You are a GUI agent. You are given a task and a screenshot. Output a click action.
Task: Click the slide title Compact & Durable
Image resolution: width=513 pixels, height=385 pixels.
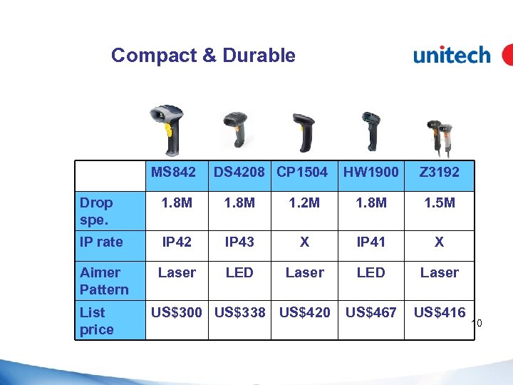[203, 55]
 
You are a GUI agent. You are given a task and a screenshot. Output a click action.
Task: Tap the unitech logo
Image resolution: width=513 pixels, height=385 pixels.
[452, 55]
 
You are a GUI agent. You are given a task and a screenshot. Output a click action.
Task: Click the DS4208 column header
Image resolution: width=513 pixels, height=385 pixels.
[239, 172]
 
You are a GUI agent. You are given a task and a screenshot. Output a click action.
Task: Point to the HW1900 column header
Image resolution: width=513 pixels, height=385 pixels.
[370, 172]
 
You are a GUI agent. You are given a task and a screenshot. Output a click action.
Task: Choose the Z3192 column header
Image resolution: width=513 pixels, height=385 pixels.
[439, 172]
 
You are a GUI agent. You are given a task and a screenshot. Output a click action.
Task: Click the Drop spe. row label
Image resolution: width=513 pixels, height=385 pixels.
[97, 211]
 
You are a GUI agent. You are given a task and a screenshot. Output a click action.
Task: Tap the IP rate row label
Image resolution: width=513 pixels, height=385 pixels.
[102, 242]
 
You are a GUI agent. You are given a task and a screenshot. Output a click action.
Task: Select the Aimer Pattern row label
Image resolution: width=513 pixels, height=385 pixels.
[104, 281]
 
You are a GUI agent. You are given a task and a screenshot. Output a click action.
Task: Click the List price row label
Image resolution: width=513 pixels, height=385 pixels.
[97, 321]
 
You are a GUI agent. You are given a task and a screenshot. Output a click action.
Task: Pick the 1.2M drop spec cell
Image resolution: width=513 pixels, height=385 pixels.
[304, 203]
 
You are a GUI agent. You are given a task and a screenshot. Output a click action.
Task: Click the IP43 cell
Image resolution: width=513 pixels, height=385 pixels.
[239, 242]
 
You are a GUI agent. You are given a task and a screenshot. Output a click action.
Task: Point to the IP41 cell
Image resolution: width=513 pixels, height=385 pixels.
[370, 242]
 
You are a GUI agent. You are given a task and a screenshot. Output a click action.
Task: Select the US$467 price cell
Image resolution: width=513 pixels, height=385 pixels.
[370, 312]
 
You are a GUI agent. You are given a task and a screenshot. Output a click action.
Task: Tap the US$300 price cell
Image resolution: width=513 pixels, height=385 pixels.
[177, 312]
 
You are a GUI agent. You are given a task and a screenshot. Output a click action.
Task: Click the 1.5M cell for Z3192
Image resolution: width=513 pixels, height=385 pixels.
[439, 203]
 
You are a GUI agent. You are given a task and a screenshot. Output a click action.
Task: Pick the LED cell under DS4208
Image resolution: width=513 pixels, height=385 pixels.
[239, 272]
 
